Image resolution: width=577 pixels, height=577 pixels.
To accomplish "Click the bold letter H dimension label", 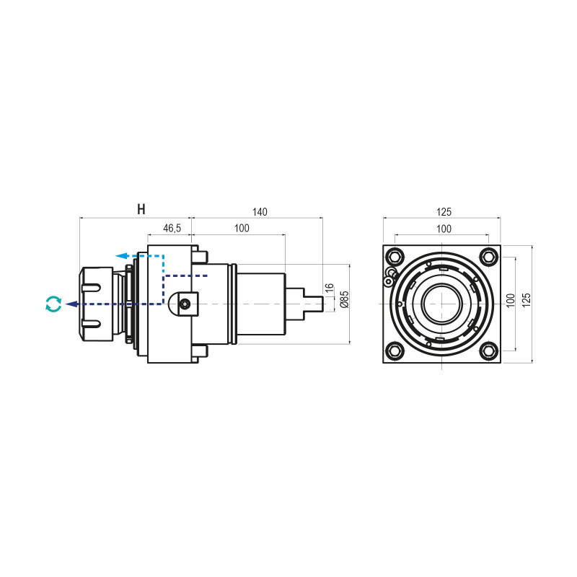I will click(x=141, y=210).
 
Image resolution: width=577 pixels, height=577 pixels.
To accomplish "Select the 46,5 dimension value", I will click(x=172, y=228).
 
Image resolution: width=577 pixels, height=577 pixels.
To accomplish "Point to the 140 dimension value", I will click(x=260, y=212).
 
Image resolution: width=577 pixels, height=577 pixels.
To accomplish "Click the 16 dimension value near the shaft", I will click(x=330, y=288).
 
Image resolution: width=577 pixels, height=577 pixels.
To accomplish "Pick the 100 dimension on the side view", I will click(x=241, y=228).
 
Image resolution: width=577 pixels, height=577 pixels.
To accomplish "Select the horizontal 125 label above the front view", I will click(x=444, y=212).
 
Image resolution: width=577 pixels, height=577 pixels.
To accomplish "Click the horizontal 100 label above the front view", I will click(x=444, y=229).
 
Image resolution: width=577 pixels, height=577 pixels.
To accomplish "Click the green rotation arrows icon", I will click(x=53, y=304).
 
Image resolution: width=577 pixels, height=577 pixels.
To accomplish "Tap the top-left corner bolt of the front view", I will click(x=395, y=257).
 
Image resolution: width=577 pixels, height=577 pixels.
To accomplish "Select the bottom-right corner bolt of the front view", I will click(x=490, y=351).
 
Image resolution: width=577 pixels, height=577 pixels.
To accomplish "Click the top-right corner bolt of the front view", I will click(x=490, y=257).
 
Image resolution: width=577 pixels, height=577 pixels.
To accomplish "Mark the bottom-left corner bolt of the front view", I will click(x=395, y=351).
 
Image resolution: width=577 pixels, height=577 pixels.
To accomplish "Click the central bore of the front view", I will click(x=441, y=304).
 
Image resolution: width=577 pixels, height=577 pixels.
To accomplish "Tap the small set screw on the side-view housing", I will click(x=186, y=304).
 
